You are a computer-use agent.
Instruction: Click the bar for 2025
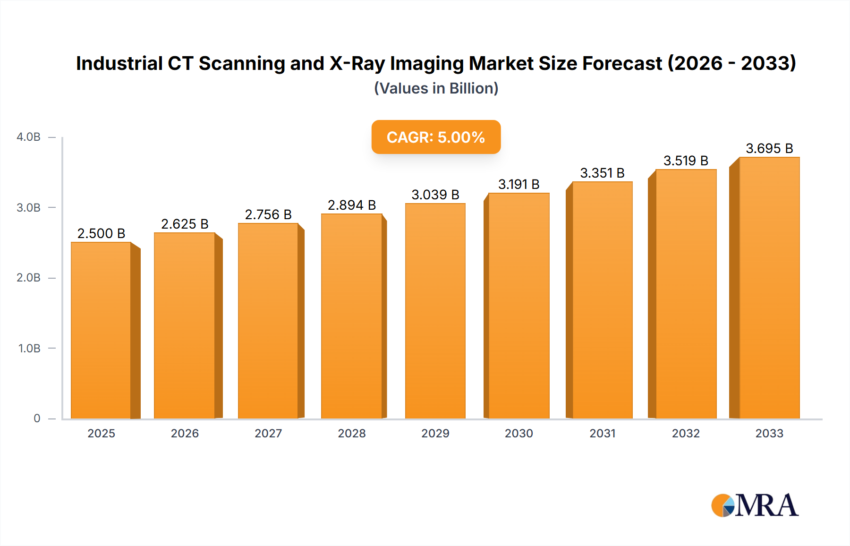pos(101,331)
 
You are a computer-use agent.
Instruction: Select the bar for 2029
pos(435,312)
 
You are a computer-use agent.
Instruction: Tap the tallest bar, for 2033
pos(769,288)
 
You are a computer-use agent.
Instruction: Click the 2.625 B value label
pos(185,224)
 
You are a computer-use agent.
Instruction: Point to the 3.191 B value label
pos(518,184)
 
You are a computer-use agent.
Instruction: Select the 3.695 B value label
pos(769,148)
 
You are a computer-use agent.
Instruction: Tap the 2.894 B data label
pos(352,205)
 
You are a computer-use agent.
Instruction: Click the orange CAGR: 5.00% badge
pos(436,137)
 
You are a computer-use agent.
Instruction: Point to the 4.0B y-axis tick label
pos(28,137)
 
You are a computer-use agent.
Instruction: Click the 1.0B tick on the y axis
pos(29,349)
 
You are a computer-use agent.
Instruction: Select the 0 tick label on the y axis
pos(37,418)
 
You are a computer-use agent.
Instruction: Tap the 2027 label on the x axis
pos(268,433)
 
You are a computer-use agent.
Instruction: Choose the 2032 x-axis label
pos(686,433)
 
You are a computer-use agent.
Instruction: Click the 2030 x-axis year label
pos(518,433)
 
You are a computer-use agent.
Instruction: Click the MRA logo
pos(755,505)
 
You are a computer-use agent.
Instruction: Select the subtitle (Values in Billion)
pos(436,88)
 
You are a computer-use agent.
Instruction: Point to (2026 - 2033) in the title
pos(731,63)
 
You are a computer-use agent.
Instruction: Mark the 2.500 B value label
pos(101,233)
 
